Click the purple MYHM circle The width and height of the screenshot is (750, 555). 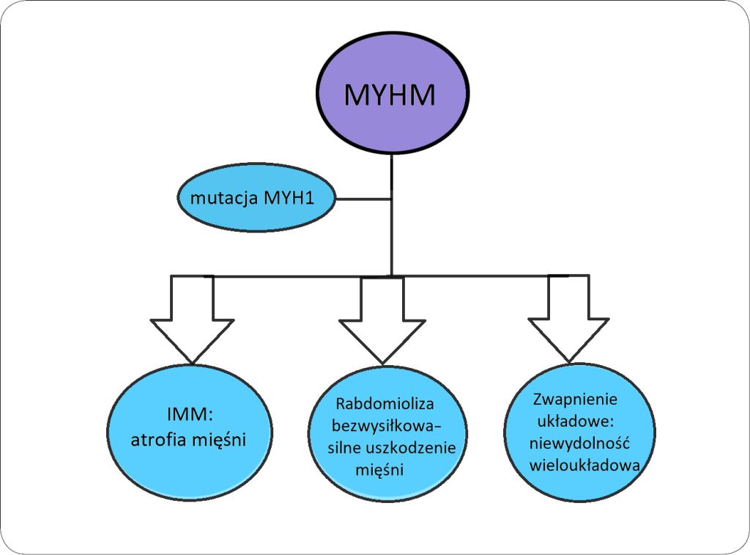tap(392, 95)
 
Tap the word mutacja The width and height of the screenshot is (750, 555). tap(224, 198)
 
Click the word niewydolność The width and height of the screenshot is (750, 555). tap(579, 444)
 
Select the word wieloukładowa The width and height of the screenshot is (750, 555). tap(585, 466)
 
